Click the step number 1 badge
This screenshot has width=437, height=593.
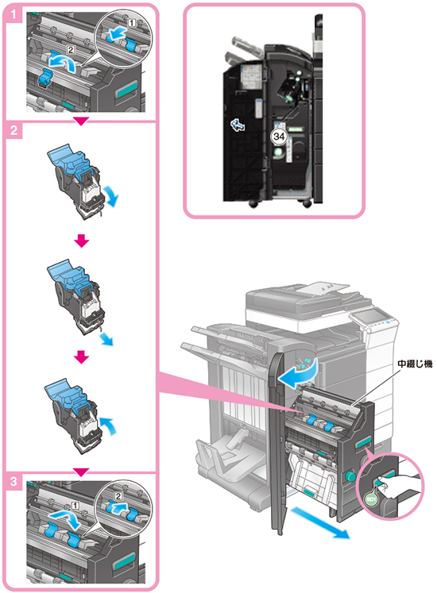click(14, 15)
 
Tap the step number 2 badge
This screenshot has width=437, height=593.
click(14, 130)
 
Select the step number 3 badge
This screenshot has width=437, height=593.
click(14, 481)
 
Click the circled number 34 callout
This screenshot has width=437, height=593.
click(279, 136)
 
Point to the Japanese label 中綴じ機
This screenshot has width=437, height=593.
click(415, 364)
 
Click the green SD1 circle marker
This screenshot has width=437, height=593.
click(372, 499)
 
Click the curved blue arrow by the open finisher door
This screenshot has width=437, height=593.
click(300, 375)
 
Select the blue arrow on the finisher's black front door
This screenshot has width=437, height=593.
click(238, 125)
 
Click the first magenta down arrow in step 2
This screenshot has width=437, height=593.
click(81, 241)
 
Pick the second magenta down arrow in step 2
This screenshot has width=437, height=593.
click(81, 357)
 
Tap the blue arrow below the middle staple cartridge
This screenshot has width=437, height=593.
click(106, 339)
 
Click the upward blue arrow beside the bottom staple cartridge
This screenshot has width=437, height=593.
click(109, 426)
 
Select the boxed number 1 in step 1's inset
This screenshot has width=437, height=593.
click(131, 23)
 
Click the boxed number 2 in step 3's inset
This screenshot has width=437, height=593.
click(118, 496)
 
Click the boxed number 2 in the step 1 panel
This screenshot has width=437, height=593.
click(71, 48)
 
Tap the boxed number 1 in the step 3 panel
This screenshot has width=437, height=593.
click(75, 505)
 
